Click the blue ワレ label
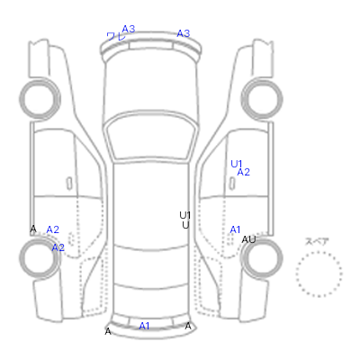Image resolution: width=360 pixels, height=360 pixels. pyautogui.click(x=116, y=37)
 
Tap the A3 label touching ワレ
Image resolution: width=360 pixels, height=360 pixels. pyautogui.click(x=129, y=29)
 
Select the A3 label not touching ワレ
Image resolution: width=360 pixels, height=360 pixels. pyautogui.click(x=184, y=33)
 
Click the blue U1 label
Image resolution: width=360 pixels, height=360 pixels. pyautogui.click(x=237, y=164)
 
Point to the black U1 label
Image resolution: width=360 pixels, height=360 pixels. pyautogui.click(x=185, y=215)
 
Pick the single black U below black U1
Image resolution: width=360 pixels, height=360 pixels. pyautogui.click(x=185, y=225)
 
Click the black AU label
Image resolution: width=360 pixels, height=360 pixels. pyautogui.click(x=248, y=239)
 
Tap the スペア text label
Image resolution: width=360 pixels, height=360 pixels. pyautogui.click(x=317, y=241)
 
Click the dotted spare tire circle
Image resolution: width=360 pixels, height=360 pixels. pyautogui.click(x=319, y=252)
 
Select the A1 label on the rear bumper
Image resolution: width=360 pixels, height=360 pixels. pyautogui.click(x=144, y=326)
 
